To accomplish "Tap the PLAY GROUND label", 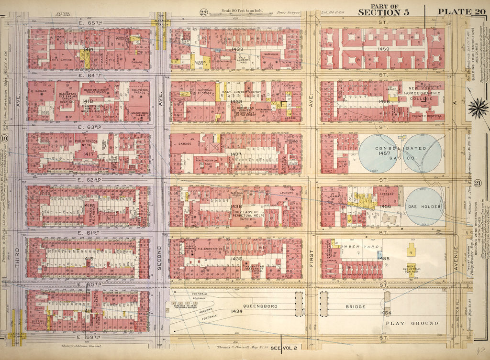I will click(x=412, y=323).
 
